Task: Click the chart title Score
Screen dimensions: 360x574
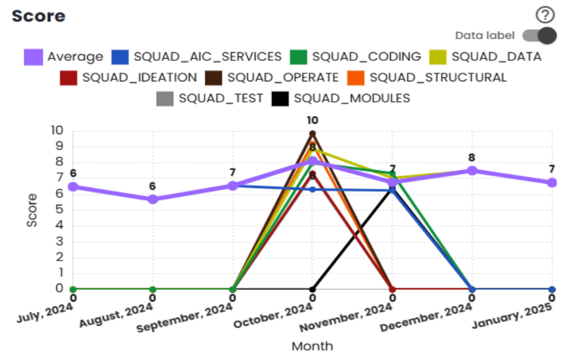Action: [x=39, y=16]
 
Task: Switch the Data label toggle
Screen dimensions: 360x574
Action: [x=539, y=36]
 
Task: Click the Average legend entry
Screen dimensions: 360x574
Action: [x=64, y=57]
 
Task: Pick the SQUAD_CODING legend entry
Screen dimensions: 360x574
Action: [x=355, y=57]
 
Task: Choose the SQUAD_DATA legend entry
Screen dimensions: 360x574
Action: [x=486, y=57]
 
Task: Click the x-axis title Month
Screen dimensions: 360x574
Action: [x=312, y=346]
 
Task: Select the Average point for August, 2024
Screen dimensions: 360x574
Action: [x=153, y=199]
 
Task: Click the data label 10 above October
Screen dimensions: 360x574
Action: [x=312, y=120]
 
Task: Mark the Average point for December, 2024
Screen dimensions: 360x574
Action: [x=472, y=171]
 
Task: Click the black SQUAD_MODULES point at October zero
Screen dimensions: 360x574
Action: [x=312, y=289]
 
